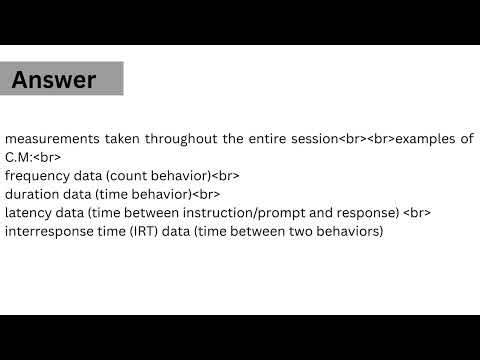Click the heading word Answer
(x=54, y=79)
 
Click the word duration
(x=32, y=194)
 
